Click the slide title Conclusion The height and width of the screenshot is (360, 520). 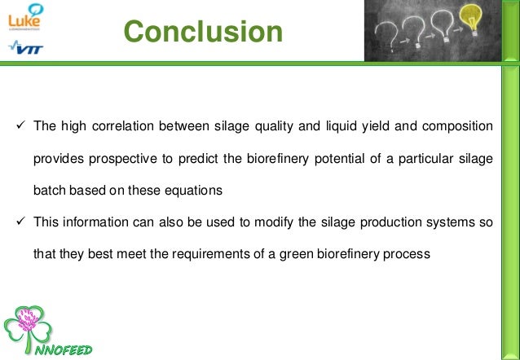click(204, 32)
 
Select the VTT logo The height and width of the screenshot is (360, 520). click(26, 49)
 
